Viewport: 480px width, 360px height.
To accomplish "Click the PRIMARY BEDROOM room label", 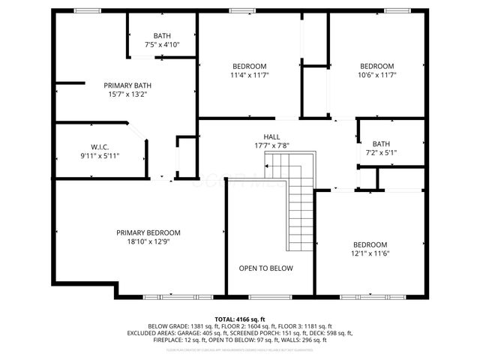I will coord(148,232).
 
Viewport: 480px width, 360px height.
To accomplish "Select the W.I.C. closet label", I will coord(100,147).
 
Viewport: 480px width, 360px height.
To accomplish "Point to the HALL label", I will coord(261,136).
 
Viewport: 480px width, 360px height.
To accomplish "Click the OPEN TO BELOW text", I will coord(265,268).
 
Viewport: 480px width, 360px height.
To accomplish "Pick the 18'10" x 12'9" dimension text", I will coord(148,241).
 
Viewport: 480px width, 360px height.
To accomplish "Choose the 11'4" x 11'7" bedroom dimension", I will coord(249,75).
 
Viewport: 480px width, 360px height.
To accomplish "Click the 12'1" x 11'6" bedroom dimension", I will coord(370,254).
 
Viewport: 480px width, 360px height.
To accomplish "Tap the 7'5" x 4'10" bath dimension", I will coord(162,45).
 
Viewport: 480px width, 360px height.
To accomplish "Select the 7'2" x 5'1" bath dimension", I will coord(381,152).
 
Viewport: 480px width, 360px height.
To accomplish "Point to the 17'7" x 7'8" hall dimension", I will coord(261,145).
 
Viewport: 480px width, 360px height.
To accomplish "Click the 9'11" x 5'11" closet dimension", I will coord(100,156).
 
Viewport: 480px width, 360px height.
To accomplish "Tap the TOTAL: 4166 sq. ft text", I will coord(241,319).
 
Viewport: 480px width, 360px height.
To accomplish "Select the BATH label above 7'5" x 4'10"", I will coord(162,36).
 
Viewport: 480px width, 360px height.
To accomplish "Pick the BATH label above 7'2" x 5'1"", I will coord(381,144).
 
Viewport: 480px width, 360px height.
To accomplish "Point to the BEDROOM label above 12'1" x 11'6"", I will coord(370,245).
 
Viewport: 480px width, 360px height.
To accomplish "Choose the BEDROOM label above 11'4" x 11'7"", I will coord(249,66).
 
